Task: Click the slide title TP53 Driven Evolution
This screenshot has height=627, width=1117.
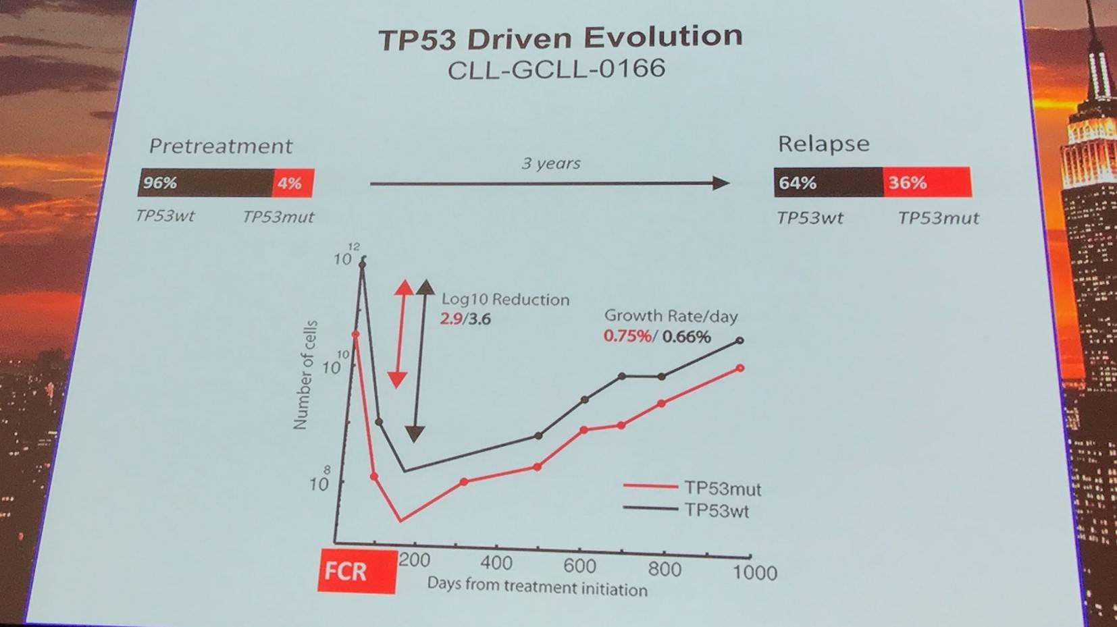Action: point(560,38)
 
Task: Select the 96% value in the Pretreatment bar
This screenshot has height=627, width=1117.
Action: point(160,183)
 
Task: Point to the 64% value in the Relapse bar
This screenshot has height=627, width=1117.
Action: point(798,183)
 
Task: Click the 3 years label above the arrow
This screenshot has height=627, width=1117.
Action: point(551,163)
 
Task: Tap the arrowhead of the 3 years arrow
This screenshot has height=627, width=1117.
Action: point(721,183)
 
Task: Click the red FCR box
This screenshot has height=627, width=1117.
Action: point(357,572)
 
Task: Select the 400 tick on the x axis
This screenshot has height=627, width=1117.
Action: point(496,563)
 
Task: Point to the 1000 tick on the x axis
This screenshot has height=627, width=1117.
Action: point(754,573)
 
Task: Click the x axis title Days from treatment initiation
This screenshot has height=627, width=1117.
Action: point(537,587)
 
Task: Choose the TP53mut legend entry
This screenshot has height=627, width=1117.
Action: point(722,488)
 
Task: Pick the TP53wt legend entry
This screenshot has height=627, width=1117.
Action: point(717,510)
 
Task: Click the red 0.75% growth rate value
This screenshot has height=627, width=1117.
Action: point(627,336)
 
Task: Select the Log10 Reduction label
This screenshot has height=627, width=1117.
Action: point(505,300)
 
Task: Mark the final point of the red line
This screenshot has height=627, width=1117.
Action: point(740,369)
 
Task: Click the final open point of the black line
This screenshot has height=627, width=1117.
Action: point(739,341)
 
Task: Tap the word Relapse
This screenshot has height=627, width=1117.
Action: point(823,144)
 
